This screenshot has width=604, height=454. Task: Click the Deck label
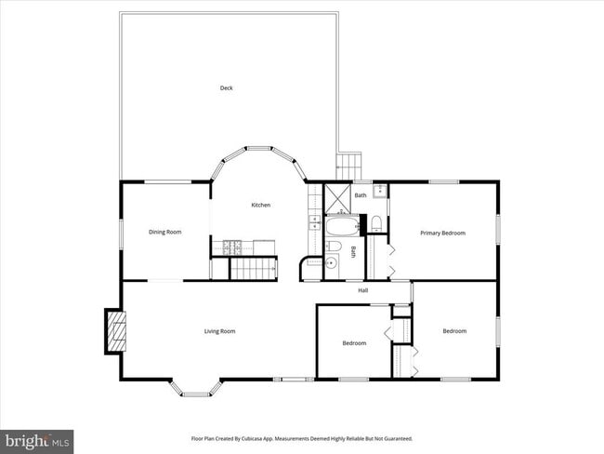click(x=226, y=88)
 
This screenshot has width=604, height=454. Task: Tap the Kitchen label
click(x=260, y=205)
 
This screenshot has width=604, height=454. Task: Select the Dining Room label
click(x=165, y=232)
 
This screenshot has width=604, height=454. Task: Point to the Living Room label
click(x=220, y=331)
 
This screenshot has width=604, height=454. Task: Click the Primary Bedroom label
click(x=442, y=233)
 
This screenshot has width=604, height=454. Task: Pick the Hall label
click(x=365, y=290)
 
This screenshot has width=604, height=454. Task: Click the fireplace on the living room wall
click(x=115, y=330)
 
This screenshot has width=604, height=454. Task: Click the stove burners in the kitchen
click(x=231, y=247)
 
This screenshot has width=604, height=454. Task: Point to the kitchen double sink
click(x=314, y=223)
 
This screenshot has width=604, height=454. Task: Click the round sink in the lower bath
click(x=332, y=263)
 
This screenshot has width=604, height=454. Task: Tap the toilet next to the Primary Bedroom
click(x=376, y=223)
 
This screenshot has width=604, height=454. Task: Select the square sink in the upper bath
click(x=379, y=193)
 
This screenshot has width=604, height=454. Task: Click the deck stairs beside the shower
click(x=347, y=167)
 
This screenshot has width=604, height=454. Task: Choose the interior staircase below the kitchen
click(x=254, y=269)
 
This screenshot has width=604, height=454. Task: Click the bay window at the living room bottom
click(x=195, y=389)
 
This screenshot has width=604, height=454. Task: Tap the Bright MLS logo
click(x=37, y=440)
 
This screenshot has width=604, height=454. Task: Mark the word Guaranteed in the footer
click(x=396, y=438)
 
